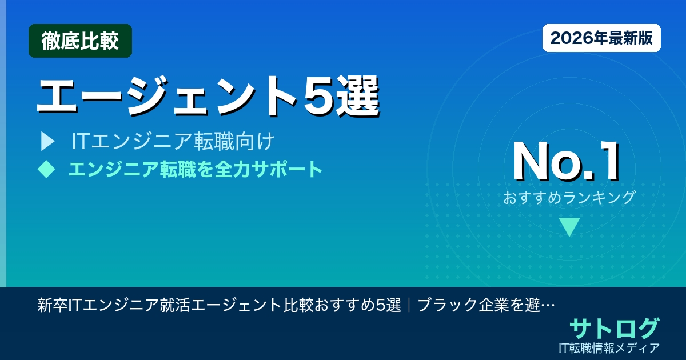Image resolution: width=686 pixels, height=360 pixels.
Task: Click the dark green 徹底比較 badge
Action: [80, 41]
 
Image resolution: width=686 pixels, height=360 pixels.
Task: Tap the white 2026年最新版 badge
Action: [601, 38]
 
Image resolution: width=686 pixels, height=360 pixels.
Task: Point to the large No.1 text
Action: [566, 162]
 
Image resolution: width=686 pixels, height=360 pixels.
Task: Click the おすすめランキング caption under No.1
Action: [569, 198]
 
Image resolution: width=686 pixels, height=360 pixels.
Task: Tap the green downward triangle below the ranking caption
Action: [569, 227]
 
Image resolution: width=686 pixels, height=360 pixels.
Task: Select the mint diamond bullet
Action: [46, 169]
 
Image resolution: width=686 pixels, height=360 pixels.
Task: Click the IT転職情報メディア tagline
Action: [611, 347]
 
